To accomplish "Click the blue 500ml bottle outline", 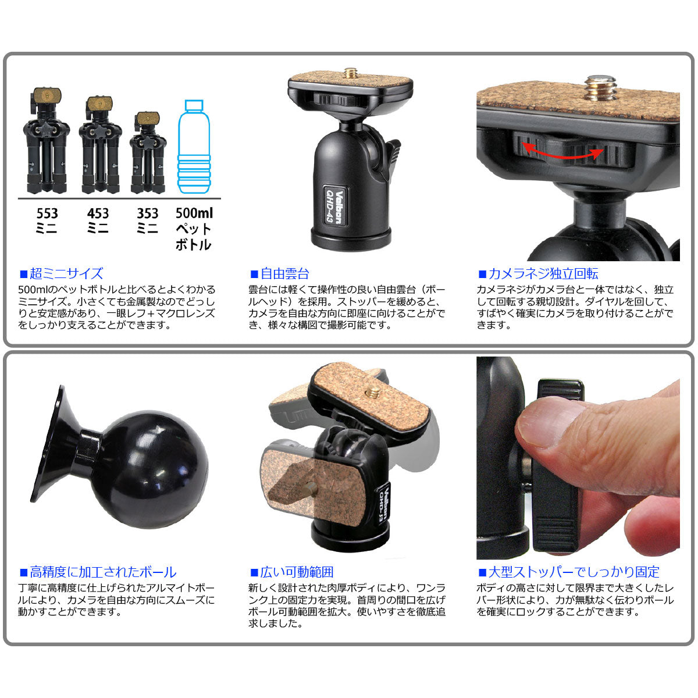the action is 194,147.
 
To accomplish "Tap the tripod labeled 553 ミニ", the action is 46,141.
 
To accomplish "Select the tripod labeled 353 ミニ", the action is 148,152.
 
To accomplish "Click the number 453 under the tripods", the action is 98,213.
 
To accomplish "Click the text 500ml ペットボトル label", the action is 194,229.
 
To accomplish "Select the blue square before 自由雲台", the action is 254,274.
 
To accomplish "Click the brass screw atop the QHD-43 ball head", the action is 350,73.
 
